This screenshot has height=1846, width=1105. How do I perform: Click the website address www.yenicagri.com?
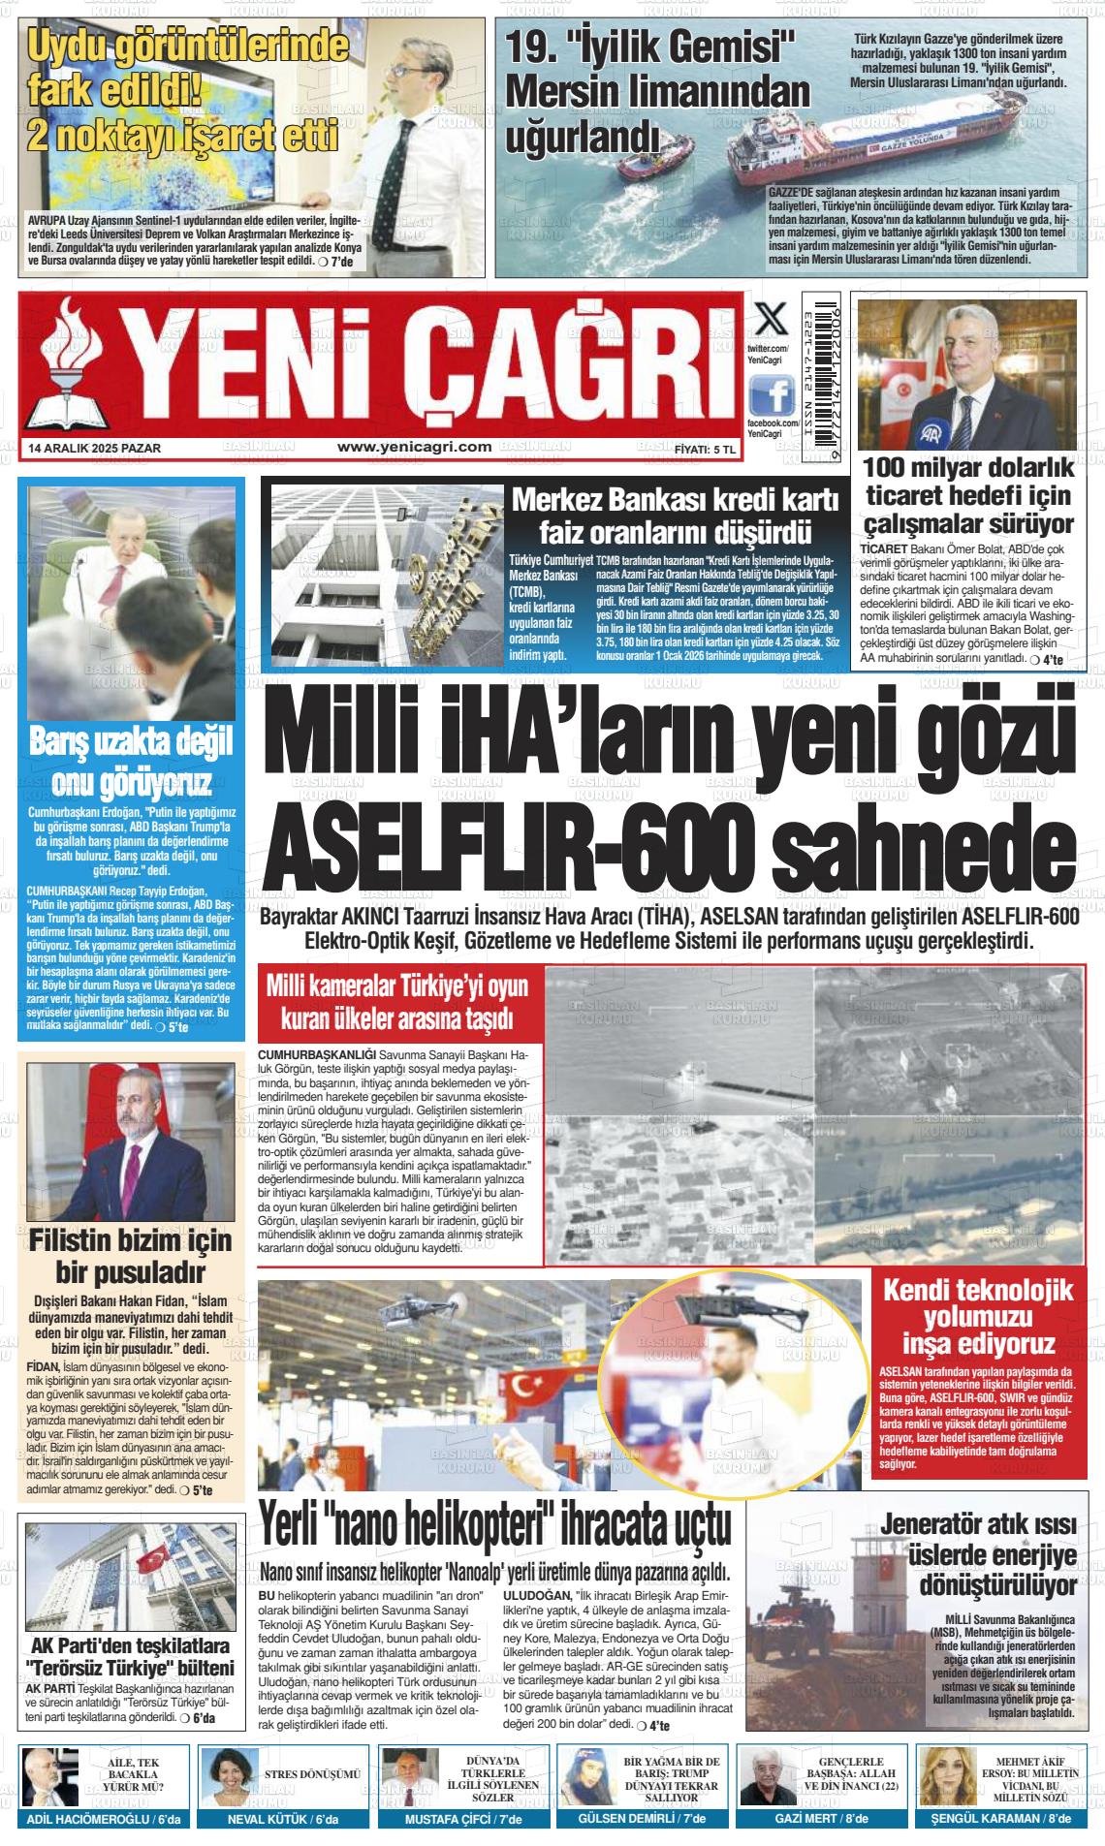pyautogui.click(x=414, y=447)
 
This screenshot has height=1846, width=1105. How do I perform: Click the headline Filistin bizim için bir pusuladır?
pyautogui.click(x=131, y=1256)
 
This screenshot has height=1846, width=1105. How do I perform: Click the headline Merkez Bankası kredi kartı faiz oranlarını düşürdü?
pyautogui.click(x=674, y=516)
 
